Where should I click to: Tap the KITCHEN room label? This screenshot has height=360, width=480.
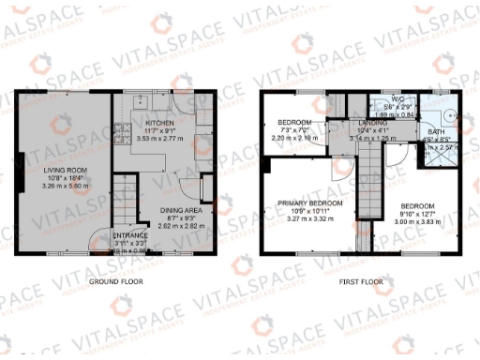point(158,122)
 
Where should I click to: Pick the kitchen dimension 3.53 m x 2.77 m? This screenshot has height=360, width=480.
point(158,138)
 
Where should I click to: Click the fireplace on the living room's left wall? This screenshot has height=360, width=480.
point(18,178)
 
